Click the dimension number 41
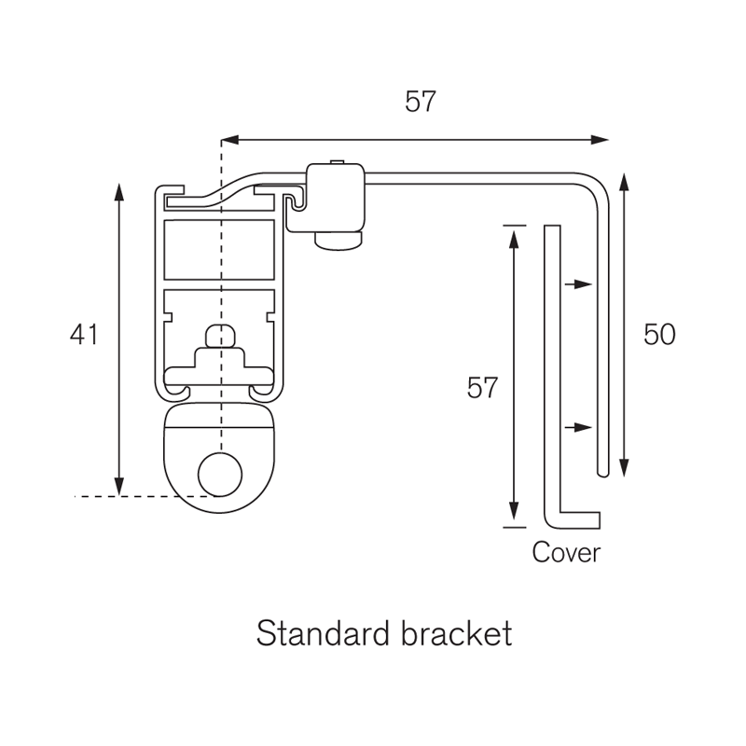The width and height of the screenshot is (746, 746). (x=84, y=334)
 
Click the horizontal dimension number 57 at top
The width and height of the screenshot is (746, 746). (x=421, y=103)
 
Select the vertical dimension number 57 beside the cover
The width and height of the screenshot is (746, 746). (x=483, y=388)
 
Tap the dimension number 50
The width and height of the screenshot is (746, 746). (x=659, y=334)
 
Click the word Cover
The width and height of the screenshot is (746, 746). (x=566, y=553)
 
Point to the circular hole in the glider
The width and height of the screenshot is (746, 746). (x=220, y=474)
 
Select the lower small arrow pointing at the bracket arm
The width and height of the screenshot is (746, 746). (x=578, y=427)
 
